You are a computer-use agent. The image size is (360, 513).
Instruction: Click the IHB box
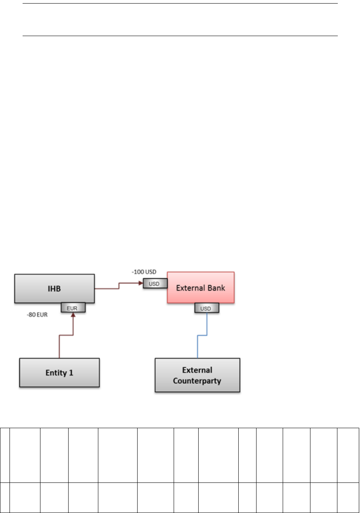pyautogui.click(x=54, y=289)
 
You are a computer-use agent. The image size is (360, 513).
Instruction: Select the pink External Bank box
pyautogui.click(x=201, y=287)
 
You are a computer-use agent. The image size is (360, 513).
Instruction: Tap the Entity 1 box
pyautogui.click(x=59, y=373)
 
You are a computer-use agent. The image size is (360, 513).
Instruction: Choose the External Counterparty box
pyautogui.click(x=197, y=375)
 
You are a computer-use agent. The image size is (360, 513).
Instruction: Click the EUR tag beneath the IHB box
pyautogui.click(x=73, y=308)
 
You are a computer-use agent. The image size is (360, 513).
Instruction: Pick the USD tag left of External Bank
pyautogui.click(x=155, y=283)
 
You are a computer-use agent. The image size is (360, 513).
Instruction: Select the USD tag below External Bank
pyautogui.click(x=207, y=308)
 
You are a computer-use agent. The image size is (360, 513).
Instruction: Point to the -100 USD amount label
pyautogui.click(x=144, y=272)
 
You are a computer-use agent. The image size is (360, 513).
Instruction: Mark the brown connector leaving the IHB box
pyautogui.click(x=119, y=286)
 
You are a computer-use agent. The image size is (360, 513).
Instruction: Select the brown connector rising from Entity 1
pyautogui.click(x=59, y=345)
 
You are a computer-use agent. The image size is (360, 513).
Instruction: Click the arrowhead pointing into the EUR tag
pyautogui.click(x=73, y=315)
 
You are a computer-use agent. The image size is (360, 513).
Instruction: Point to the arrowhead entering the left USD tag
pyautogui.click(x=140, y=283)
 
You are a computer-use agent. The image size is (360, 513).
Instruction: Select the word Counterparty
pyautogui.click(x=197, y=380)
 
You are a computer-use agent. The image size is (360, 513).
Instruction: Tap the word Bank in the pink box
pyautogui.click(x=216, y=287)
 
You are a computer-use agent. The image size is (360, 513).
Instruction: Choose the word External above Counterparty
pyautogui.click(x=197, y=370)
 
